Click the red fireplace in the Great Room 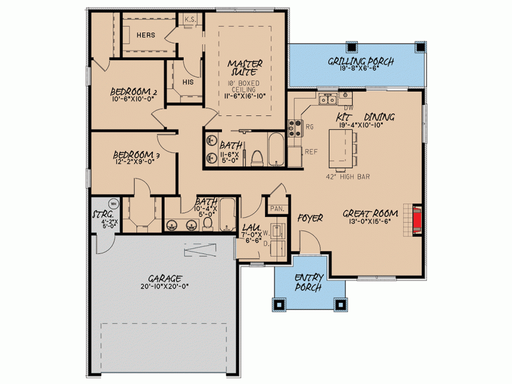[417, 220]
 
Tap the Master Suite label [245, 68]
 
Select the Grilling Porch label [361, 61]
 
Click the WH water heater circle [113, 204]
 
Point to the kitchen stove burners [295, 128]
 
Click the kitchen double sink [328, 99]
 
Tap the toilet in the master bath [257, 158]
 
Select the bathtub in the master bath [276, 149]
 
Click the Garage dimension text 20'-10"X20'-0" [165, 286]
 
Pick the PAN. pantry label [277, 209]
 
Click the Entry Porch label [309, 282]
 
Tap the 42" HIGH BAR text [348, 177]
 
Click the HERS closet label [146, 35]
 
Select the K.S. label [190, 20]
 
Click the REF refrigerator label [311, 152]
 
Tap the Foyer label [310, 218]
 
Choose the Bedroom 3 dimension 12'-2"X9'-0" [134, 161]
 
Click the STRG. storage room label [103, 214]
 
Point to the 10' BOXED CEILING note [244, 86]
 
